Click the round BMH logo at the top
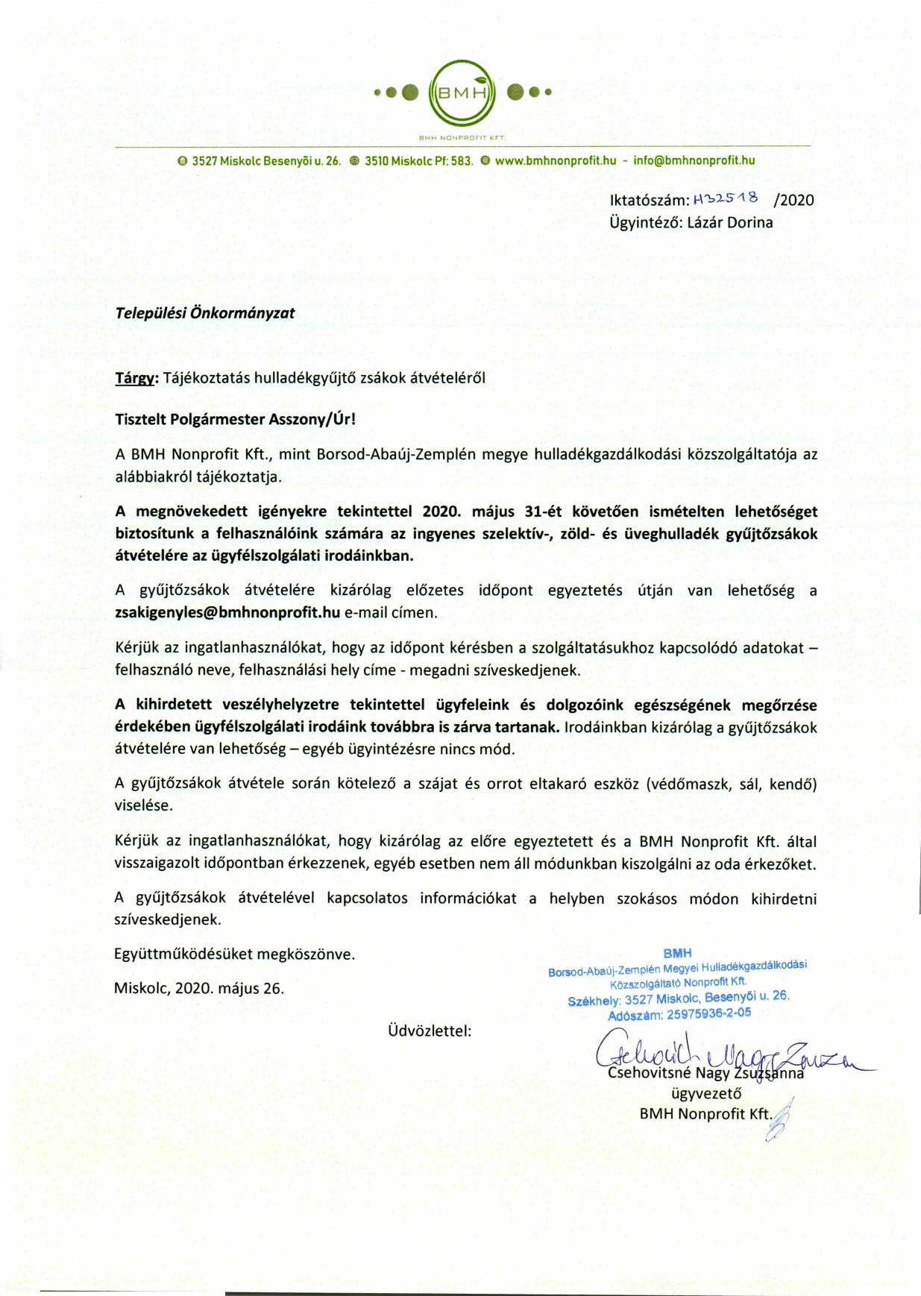tap(462, 93)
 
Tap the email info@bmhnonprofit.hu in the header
tap(694, 160)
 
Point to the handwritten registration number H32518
tap(726, 199)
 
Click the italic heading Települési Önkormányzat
tap(204, 313)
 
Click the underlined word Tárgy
tap(134, 378)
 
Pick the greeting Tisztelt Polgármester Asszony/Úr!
tap(235, 418)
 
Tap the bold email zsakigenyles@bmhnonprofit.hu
tap(227, 612)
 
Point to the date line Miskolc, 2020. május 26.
tap(199, 989)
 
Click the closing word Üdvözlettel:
tap(430, 1031)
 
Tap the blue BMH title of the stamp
tap(677, 953)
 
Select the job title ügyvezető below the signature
tap(706, 1094)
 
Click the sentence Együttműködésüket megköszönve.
tap(235, 954)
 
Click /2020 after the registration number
tap(794, 200)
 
